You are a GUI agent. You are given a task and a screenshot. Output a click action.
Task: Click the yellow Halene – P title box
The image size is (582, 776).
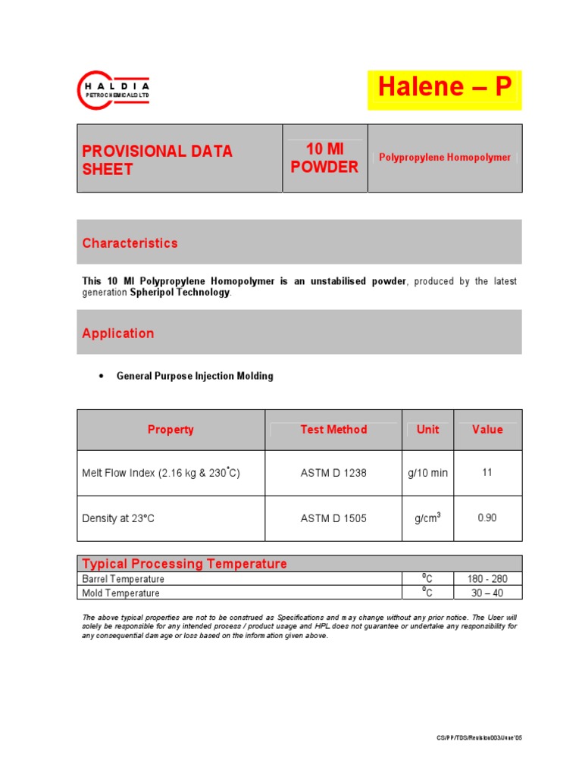(445, 89)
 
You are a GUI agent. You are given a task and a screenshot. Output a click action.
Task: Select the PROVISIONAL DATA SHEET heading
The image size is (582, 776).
(158, 160)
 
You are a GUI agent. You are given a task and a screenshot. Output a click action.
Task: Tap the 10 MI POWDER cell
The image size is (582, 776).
(324, 158)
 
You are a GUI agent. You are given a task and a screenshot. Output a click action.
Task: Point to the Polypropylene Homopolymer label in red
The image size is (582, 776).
(445, 158)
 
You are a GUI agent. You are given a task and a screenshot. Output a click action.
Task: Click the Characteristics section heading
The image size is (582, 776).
(130, 243)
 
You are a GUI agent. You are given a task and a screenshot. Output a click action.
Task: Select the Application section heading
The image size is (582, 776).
(117, 333)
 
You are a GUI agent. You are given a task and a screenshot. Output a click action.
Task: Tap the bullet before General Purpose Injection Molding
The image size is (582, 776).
(101, 377)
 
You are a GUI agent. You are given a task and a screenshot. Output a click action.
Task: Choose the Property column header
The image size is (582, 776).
(171, 430)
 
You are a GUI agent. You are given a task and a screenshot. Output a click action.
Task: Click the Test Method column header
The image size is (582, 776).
(333, 430)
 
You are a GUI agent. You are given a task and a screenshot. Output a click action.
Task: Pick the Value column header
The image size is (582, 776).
(487, 430)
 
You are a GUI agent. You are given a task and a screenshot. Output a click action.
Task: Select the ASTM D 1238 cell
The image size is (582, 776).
(333, 473)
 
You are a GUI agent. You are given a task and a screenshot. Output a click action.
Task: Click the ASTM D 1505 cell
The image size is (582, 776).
(333, 518)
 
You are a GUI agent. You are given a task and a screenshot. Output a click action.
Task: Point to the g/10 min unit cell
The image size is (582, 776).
(427, 473)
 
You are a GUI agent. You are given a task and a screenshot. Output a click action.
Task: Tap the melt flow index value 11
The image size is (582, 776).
(487, 472)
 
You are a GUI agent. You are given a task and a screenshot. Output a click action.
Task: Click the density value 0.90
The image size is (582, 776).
(487, 518)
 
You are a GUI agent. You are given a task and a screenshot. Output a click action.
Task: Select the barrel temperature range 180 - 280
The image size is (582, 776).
(487, 579)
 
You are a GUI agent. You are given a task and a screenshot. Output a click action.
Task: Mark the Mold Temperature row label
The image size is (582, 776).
(120, 593)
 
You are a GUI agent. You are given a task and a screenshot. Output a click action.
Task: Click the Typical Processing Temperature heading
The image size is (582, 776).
(184, 564)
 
